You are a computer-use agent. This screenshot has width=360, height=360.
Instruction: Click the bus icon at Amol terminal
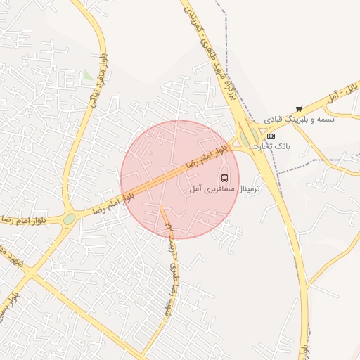tap(225, 177)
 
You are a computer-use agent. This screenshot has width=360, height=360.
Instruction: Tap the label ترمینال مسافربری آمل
tap(224, 190)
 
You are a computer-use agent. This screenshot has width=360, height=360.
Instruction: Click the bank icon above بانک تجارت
tap(271, 135)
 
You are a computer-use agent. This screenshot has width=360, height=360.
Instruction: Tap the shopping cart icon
tap(300, 108)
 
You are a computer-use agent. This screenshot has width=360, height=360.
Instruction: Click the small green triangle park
tap(87, 74)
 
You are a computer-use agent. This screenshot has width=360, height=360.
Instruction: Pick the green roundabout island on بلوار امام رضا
tap(69, 219)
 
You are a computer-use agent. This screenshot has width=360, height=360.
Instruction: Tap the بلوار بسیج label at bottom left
tap(6, 299)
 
